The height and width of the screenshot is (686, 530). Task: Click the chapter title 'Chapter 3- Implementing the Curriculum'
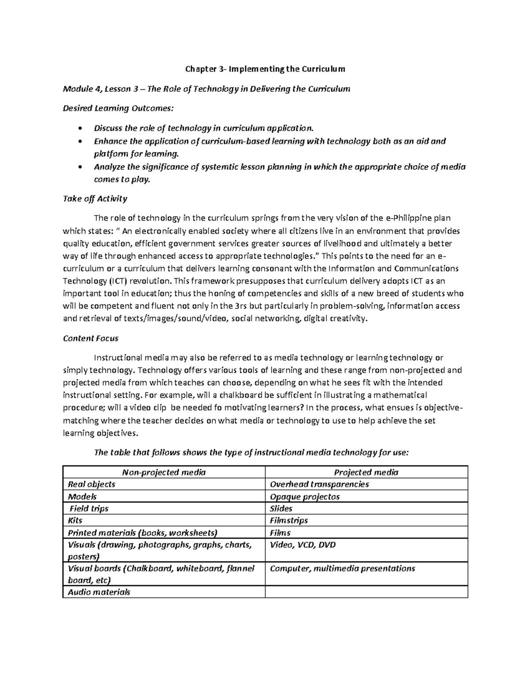coord(265,69)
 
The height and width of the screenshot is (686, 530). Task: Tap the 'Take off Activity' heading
coord(95,199)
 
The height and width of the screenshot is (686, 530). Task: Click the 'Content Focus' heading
coord(91,338)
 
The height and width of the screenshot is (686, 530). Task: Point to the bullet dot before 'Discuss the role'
coord(79,129)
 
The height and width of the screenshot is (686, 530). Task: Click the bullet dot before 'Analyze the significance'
coord(79,167)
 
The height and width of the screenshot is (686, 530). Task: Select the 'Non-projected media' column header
coord(164,472)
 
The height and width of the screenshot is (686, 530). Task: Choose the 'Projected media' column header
coord(366,472)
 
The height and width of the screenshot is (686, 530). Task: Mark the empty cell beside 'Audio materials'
coord(366,592)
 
